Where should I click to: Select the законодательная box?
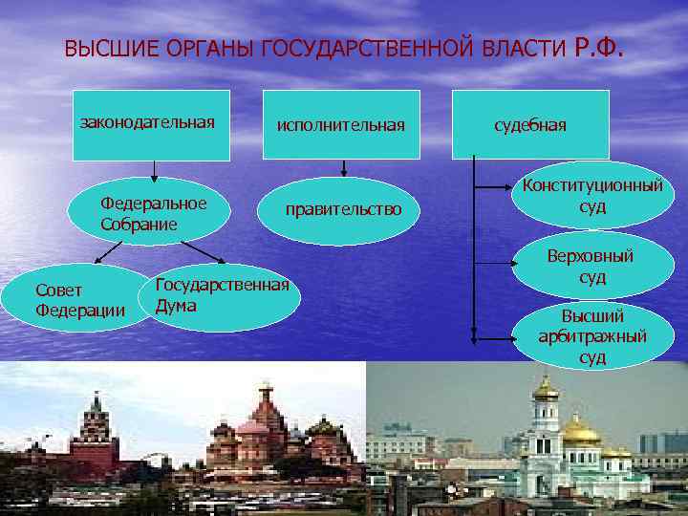[x=151, y=124]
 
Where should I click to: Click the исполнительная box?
[x=341, y=124]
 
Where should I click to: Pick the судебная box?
[x=530, y=124]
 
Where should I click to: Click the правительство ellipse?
[x=341, y=209]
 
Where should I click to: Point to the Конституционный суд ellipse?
[x=592, y=196]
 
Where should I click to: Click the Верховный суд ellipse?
[x=592, y=266]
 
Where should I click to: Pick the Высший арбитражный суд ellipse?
[x=592, y=335]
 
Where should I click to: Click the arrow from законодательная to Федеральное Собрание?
[x=151, y=169]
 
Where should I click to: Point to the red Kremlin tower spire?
[x=95, y=401]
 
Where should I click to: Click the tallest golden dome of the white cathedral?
[x=546, y=388]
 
